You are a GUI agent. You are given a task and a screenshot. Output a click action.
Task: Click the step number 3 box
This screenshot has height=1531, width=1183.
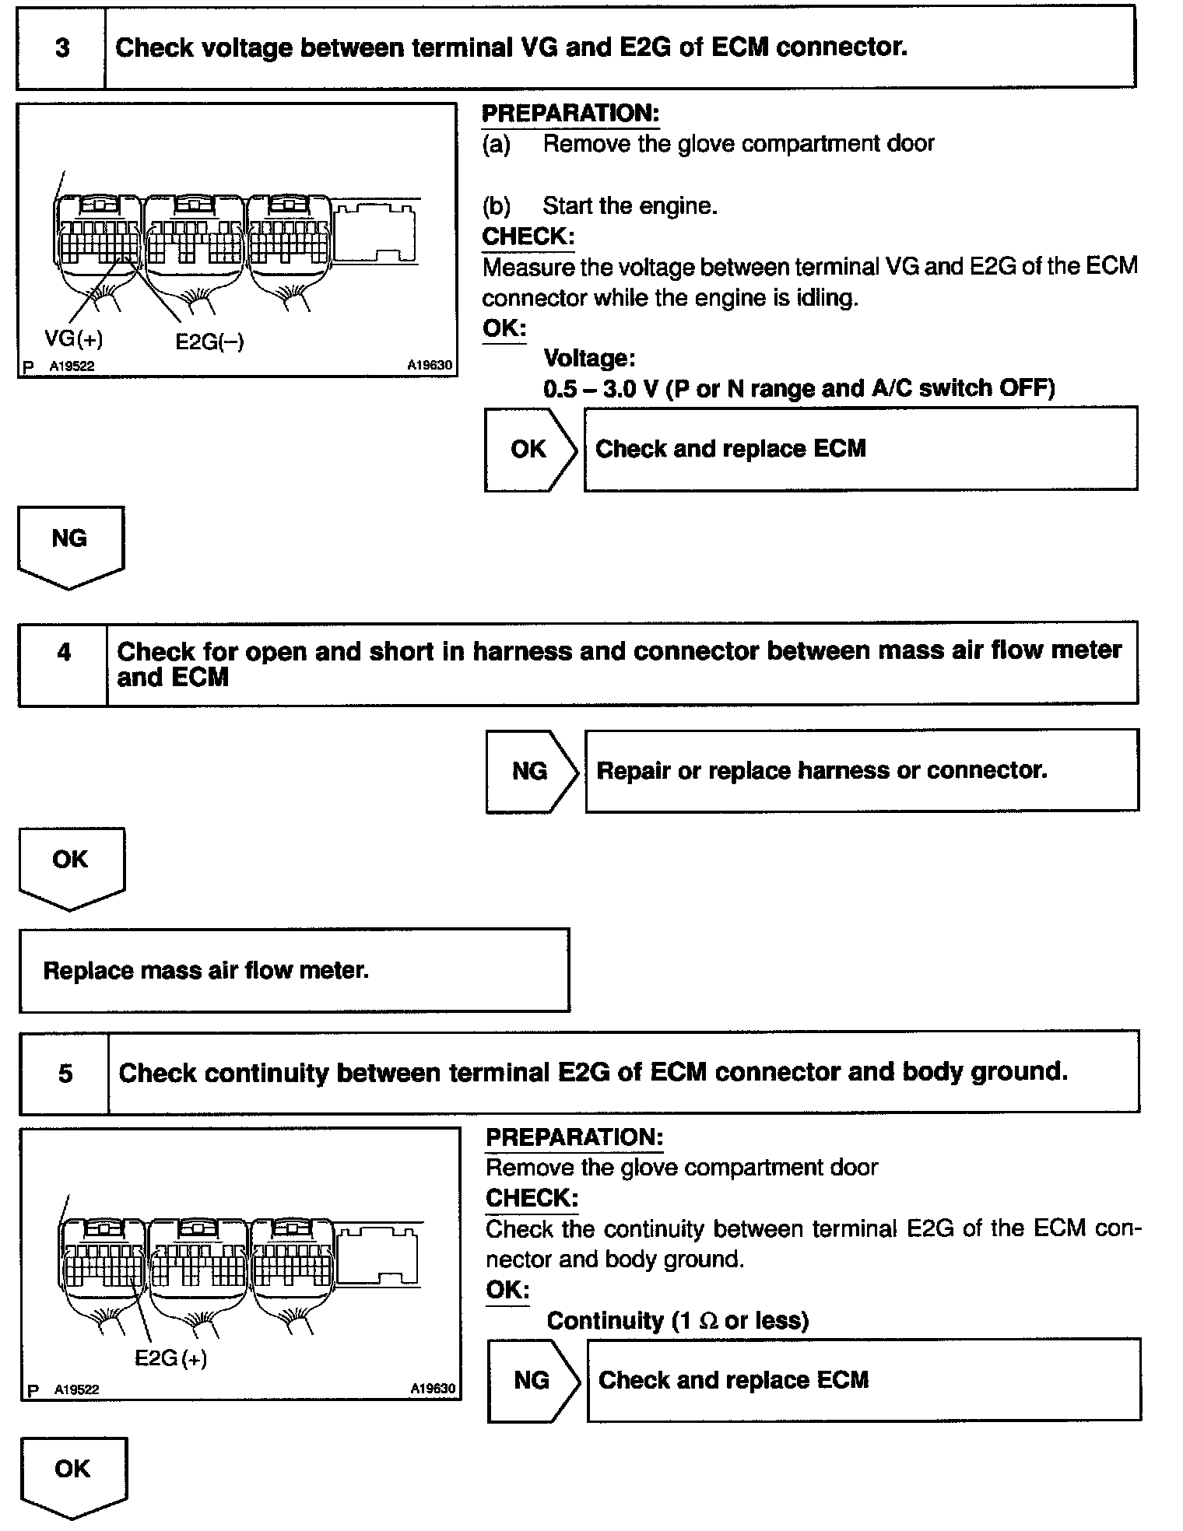coord(61,48)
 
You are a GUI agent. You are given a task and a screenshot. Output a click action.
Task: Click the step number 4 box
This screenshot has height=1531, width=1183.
coord(63,663)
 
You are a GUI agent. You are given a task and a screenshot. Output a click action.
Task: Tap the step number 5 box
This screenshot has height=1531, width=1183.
coord(65,1073)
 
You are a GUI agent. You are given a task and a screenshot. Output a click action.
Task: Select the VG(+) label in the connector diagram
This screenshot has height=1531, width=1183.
coord(74,338)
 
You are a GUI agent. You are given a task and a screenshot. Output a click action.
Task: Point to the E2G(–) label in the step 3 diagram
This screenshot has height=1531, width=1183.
coord(209,342)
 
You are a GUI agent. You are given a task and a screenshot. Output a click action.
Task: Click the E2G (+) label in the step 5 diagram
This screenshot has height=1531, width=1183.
coord(170,1358)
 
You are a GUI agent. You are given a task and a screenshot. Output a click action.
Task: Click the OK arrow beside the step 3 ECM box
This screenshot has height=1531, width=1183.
coord(530,449)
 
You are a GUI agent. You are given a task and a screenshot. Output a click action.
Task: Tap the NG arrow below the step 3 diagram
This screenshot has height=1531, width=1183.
coord(70,545)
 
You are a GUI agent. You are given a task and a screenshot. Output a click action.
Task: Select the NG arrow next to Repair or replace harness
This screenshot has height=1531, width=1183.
coord(532,771)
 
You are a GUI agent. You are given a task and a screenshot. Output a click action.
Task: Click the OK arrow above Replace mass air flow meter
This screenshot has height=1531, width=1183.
coord(71,865)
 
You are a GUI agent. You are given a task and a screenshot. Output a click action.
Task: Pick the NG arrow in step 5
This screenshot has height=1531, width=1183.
coord(533,1380)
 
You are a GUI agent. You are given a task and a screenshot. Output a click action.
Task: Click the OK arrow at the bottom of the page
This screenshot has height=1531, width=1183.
coord(73,1474)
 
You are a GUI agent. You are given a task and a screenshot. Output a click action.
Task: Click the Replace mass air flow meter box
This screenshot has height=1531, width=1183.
coord(294,970)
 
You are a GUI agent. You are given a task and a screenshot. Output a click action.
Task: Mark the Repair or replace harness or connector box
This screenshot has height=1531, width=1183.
coord(862,770)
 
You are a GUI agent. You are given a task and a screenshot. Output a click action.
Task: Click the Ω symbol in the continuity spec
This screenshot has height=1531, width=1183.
coord(709,1320)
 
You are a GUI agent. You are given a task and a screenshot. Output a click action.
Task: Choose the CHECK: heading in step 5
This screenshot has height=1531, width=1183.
coord(532,1198)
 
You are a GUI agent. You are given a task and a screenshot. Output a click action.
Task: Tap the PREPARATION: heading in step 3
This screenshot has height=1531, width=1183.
coord(570,114)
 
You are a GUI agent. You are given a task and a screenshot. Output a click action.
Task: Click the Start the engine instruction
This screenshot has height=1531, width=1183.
coord(630,206)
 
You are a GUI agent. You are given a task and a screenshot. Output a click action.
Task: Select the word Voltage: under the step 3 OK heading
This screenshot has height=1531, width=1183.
coord(589,358)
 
